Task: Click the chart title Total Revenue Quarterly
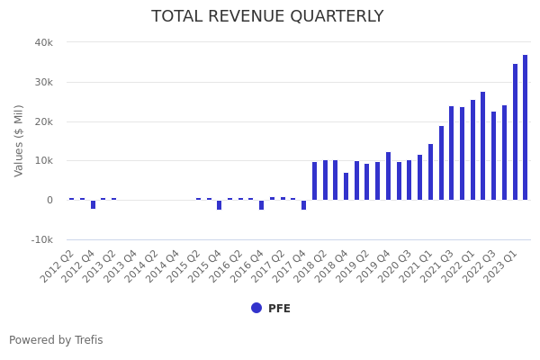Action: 267,17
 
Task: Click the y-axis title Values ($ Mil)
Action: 19,140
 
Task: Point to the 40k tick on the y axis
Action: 43,42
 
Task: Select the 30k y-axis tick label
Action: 43,82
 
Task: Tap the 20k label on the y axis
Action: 43,121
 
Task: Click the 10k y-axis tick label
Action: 43,160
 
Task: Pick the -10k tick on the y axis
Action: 41,239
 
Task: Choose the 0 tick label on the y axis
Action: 49,200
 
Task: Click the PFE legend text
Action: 279,309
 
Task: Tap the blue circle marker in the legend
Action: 256,308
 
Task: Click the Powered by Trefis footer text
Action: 56,340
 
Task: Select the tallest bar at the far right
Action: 526,127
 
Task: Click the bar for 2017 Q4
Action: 304,204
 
